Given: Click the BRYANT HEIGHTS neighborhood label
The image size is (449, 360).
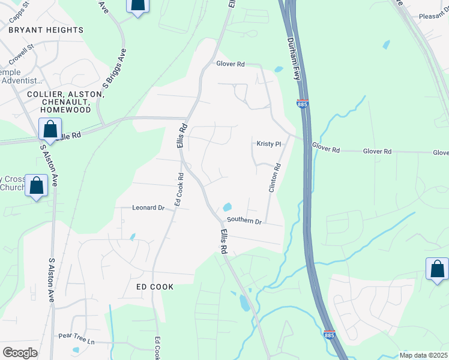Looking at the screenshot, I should tap(46, 30).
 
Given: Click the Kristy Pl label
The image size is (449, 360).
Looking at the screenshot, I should tap(269, 144).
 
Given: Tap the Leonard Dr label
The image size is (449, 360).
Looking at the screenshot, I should tap(148, 208).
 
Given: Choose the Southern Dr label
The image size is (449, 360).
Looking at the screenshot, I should tap(244, 222).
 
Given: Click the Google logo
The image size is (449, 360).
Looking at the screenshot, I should tap(20, 353).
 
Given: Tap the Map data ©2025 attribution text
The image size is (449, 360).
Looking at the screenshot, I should tap(424, 355).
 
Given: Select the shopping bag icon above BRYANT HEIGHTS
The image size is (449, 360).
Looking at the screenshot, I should tap(137, 5).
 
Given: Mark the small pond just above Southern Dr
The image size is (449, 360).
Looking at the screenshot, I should tap(228, 207).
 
